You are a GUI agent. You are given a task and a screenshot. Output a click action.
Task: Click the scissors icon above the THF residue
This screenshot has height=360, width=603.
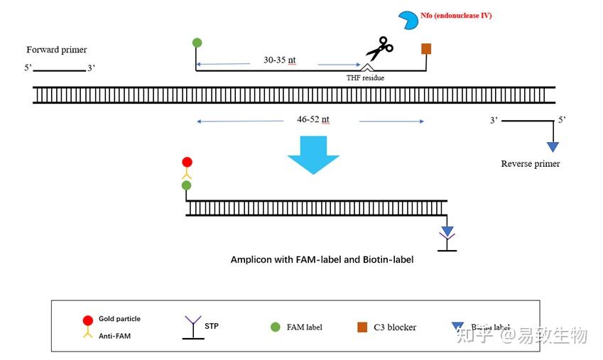(x=379, y=49)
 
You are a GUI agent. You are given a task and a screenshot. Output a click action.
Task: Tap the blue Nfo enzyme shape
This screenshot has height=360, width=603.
(x=408, y=21)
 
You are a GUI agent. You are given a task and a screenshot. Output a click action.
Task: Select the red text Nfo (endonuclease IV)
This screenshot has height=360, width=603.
(x=456, y=15)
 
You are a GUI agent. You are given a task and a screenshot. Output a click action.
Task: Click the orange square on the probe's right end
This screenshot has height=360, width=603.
(x=426, y=48)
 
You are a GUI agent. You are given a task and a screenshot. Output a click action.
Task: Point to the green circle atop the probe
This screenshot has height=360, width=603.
(x=197, y=43)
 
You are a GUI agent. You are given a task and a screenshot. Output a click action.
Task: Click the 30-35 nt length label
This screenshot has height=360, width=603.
(x=279, y=60)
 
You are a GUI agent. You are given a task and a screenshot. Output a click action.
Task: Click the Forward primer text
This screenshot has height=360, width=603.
(x=57, y=50)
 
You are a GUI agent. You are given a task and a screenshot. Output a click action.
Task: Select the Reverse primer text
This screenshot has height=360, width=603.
(x=530, y=164)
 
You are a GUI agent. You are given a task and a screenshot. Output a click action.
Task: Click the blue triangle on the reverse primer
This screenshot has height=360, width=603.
(x=553, y=147)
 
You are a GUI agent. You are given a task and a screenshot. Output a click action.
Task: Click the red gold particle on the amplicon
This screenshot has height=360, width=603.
(x=187, y=162)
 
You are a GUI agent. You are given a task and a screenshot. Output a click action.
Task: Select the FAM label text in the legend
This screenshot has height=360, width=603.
(x=304, y=327)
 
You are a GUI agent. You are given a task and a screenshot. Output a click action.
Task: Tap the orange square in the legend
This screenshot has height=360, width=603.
(x=362, y=327)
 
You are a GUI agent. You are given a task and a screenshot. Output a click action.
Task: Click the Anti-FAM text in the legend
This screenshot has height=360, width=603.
(x=114, y=336)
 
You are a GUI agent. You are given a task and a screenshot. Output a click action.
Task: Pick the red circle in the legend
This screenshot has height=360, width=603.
(x=88, y=320)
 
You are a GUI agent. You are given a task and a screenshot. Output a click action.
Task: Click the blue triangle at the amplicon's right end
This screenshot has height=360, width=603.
(x=447, y=231)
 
